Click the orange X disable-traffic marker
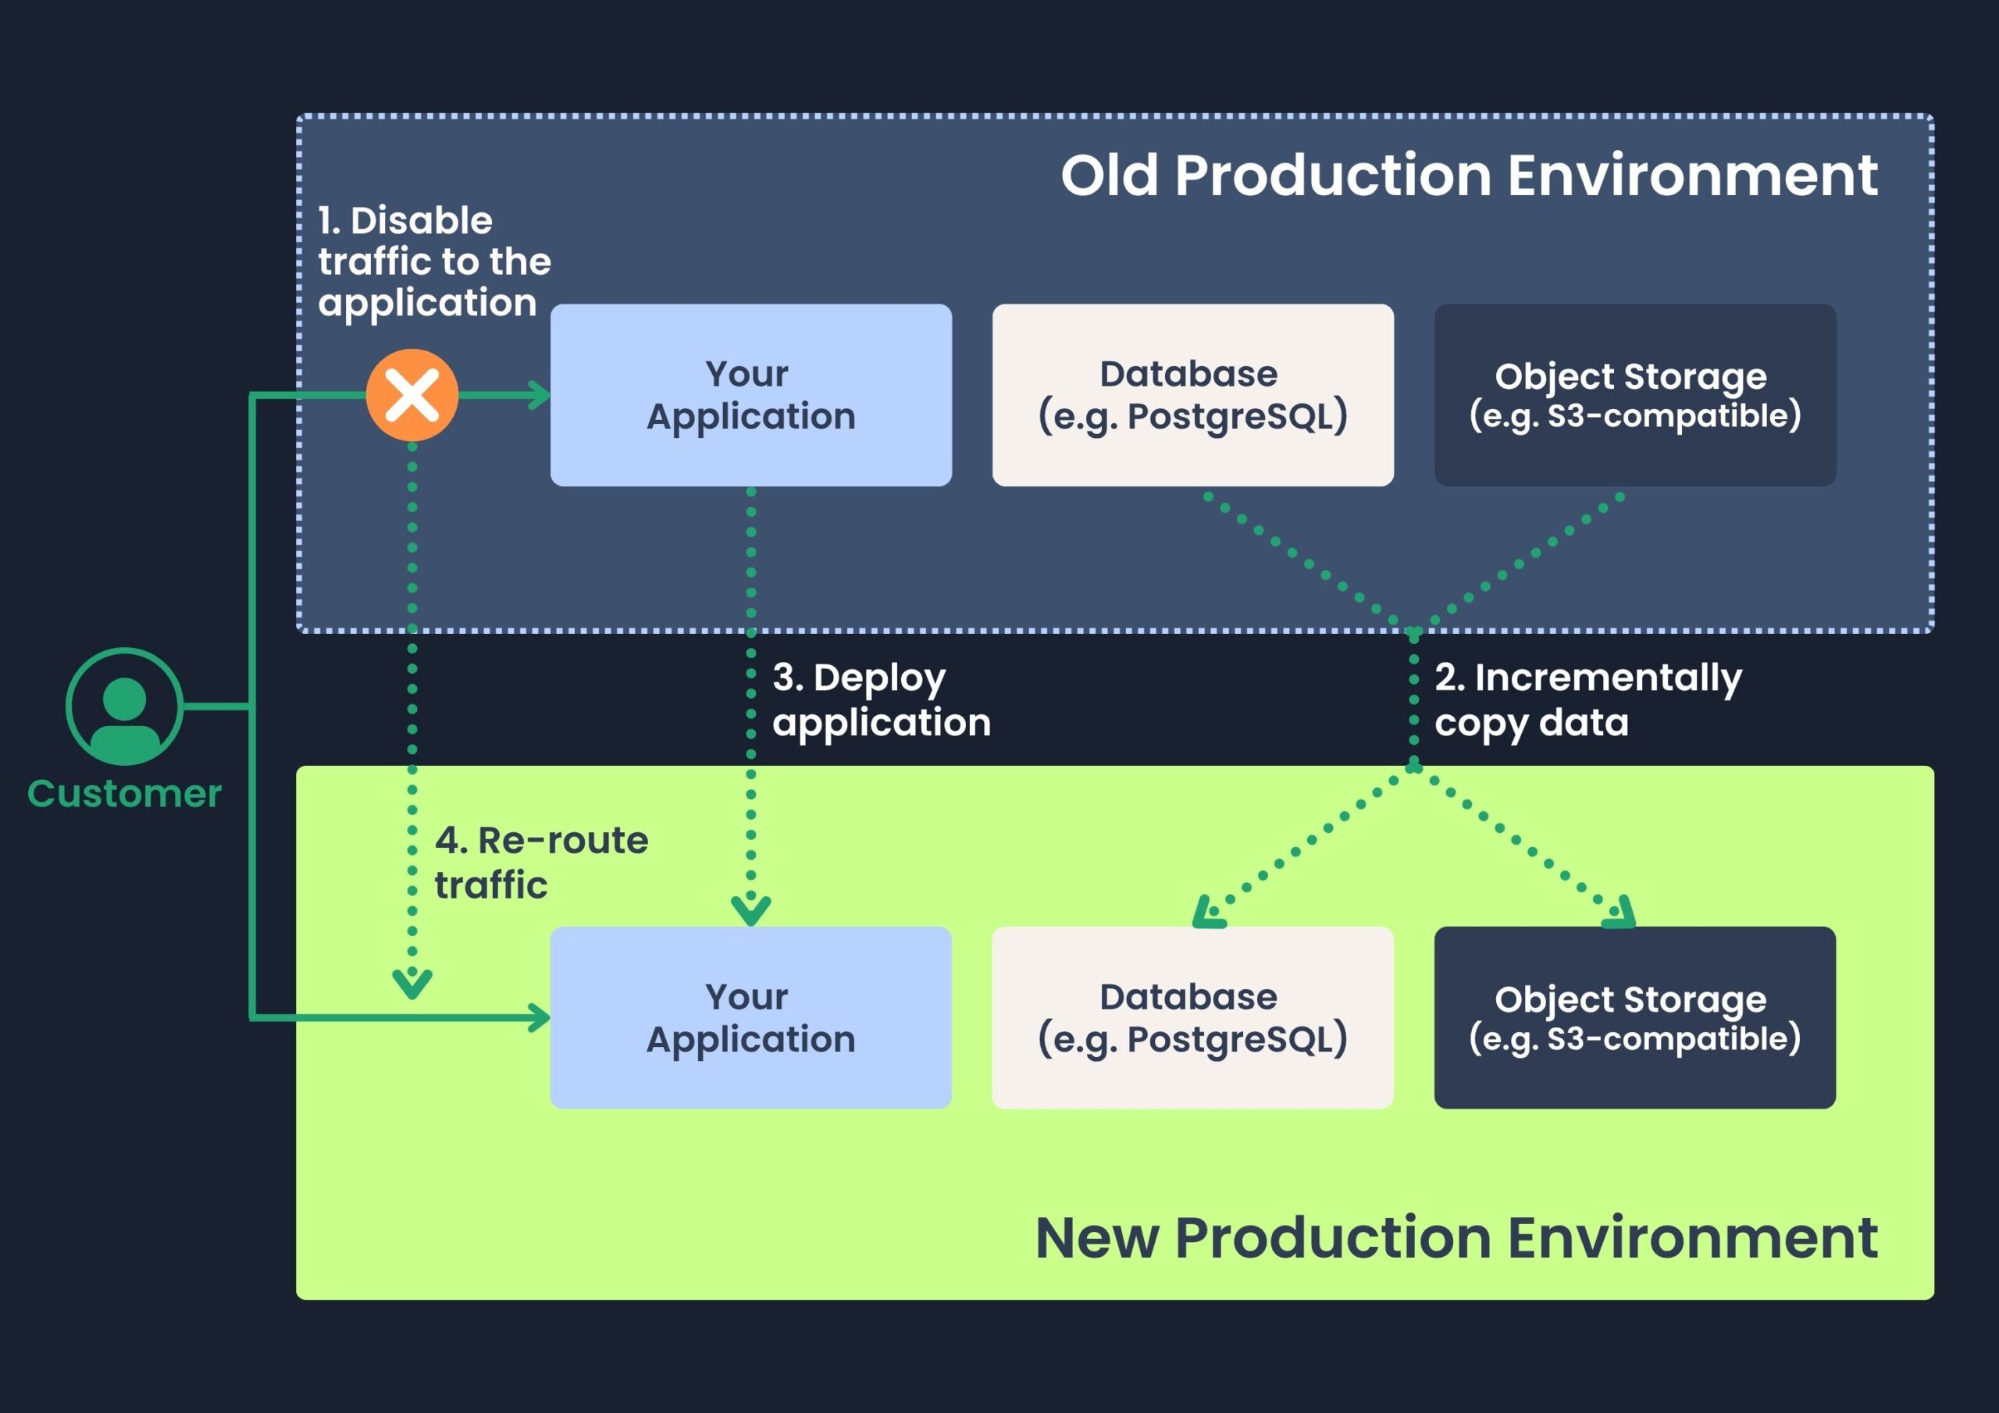(x=412, y=395)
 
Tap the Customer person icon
(x=124, y=706)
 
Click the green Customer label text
(x=124, y=794)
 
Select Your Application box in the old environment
(x=750, y=395)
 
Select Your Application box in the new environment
(x=750, y=1018)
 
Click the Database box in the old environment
(x=1192, y=395)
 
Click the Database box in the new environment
(x=1192, y=1018)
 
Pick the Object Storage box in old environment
(x=1634, y=395)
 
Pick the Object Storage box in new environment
(x=1634, y=1018)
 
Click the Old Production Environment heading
(x=1468, y=176)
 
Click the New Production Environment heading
(x=1456, y=1237)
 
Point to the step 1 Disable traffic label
(x=433, y=262)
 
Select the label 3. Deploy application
(x=880, y=700)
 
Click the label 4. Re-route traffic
(x=540, y=863)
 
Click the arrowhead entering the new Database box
(x=1206, y=915)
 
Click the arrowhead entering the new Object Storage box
(x=1620, y=915)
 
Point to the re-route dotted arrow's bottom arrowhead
(x=412, y=984)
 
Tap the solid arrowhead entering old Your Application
(x=540, y=395)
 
